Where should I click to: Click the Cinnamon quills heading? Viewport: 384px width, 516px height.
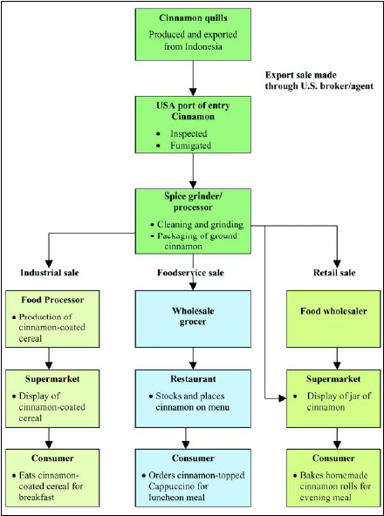point(192,18)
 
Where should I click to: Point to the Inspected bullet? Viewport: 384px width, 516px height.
point(190,134)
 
